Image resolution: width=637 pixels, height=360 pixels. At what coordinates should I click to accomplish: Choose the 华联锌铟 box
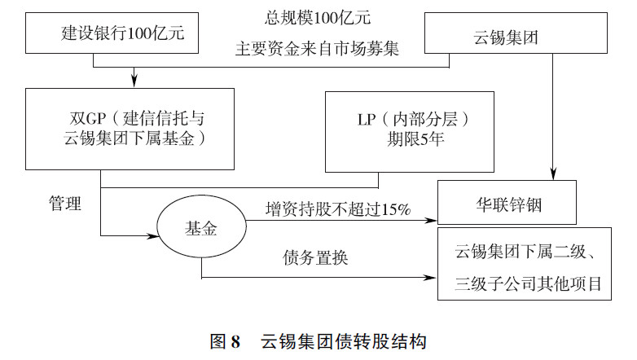(x=507, y=204)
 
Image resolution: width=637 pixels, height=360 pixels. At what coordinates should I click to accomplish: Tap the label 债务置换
(x=316, y=259)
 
